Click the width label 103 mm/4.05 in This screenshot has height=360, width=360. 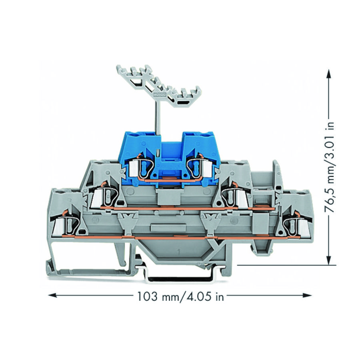coord(180,296)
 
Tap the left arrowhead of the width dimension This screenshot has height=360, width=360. coord(52,295)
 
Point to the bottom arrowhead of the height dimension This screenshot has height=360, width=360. coord(329,260)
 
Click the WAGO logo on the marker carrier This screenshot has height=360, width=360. coord(158,94)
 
